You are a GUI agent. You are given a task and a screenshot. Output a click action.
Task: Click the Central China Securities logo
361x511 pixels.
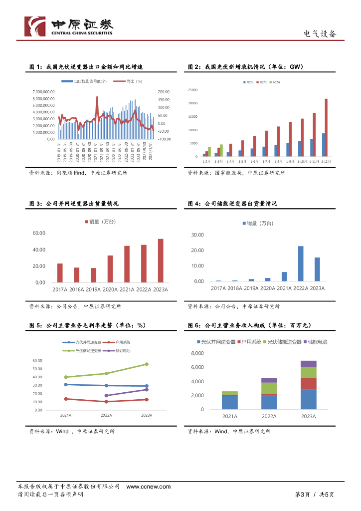pyautogui.click(x=69, y=26)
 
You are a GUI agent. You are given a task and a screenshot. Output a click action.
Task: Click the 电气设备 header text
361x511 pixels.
pyautogui.click(x=320, y=34)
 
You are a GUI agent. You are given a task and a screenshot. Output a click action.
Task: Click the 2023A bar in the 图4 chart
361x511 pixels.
pyautogui.click(x=317, y=269)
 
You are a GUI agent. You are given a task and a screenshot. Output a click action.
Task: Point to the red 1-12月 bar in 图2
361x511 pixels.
pyautogui.click(x=326, y=127)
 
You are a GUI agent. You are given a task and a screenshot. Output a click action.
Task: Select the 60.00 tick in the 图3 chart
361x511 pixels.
pyautogui.click(x=39, y=233)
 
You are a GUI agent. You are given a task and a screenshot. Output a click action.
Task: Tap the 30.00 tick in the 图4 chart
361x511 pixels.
pyautogui.click(x=197, y=235)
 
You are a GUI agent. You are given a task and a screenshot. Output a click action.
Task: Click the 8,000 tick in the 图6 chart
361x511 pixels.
pyautogui.click(x=197, y=353)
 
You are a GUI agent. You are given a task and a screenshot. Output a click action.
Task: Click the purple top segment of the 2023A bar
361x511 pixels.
pyautogui.click(x=309, y=364)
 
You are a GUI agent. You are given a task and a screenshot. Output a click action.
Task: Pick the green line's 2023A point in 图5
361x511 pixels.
pyautogui.click(x=147, y=364)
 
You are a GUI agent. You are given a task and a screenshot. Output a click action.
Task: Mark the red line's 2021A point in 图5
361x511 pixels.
pyautogui.click(x=65, y=399)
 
